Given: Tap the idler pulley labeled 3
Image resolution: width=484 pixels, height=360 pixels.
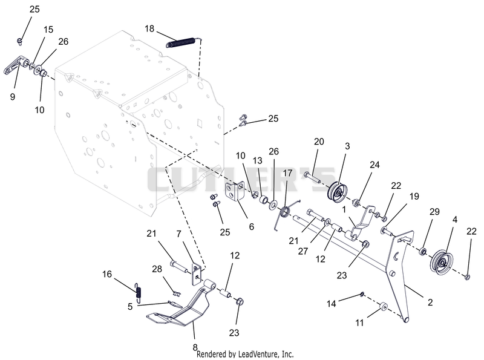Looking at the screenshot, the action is tap(338, 192).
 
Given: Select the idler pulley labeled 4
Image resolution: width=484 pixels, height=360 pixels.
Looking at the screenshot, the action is tap(441, 262).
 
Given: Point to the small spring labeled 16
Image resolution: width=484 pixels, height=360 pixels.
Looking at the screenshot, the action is tap(139, 292).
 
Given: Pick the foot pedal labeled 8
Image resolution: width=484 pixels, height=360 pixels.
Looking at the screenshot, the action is tap(182, 304).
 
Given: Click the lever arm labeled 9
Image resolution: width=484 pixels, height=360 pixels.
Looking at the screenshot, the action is tap(16, 65).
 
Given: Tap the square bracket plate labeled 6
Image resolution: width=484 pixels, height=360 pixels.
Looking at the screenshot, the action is tap(235, 191).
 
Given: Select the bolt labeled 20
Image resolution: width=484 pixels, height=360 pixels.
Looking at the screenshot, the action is tap(312, 177).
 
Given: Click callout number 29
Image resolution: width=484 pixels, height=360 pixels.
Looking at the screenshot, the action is tap(434, 212).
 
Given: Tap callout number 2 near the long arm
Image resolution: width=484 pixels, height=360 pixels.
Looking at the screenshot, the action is tap(430, 303).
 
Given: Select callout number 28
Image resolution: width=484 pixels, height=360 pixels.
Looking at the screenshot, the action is tap(157, 269).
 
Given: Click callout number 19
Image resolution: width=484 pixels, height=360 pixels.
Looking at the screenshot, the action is tap(414, 197).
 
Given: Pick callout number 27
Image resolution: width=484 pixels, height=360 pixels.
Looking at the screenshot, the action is tap(303, 251).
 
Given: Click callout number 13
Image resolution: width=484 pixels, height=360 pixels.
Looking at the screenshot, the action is tap(258, 160).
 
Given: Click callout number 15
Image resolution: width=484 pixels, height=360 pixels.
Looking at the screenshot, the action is tap(48, 30).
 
